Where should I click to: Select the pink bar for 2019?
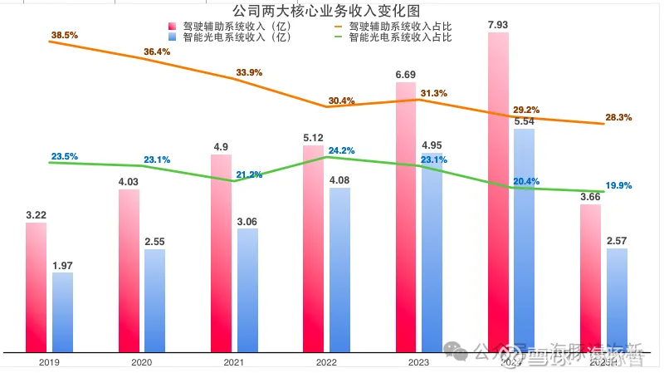coord(37,287)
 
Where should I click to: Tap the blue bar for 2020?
coord(155,300)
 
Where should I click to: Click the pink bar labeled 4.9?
coord(221,253)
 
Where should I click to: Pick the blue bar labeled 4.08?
coord(339,269)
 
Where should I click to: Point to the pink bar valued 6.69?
coord(405,216)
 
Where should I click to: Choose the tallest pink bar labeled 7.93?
coord(498,192)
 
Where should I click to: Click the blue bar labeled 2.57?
coord(617,300)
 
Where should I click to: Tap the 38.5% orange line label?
coord(64,36)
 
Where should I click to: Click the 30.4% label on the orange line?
coord(341,101)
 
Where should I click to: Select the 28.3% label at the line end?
coord(618,118)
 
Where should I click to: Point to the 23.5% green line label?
coord(64,156)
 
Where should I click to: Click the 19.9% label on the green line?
coord(618,185)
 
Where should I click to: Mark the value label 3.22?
coord(37,215)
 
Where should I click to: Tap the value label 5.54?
coord(524,121)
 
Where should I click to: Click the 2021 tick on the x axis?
coord(234,363)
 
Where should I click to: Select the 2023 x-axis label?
coord(418,363)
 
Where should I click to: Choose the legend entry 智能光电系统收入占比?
coord(397,37)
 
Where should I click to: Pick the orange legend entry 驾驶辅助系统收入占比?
coord(397,26)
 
